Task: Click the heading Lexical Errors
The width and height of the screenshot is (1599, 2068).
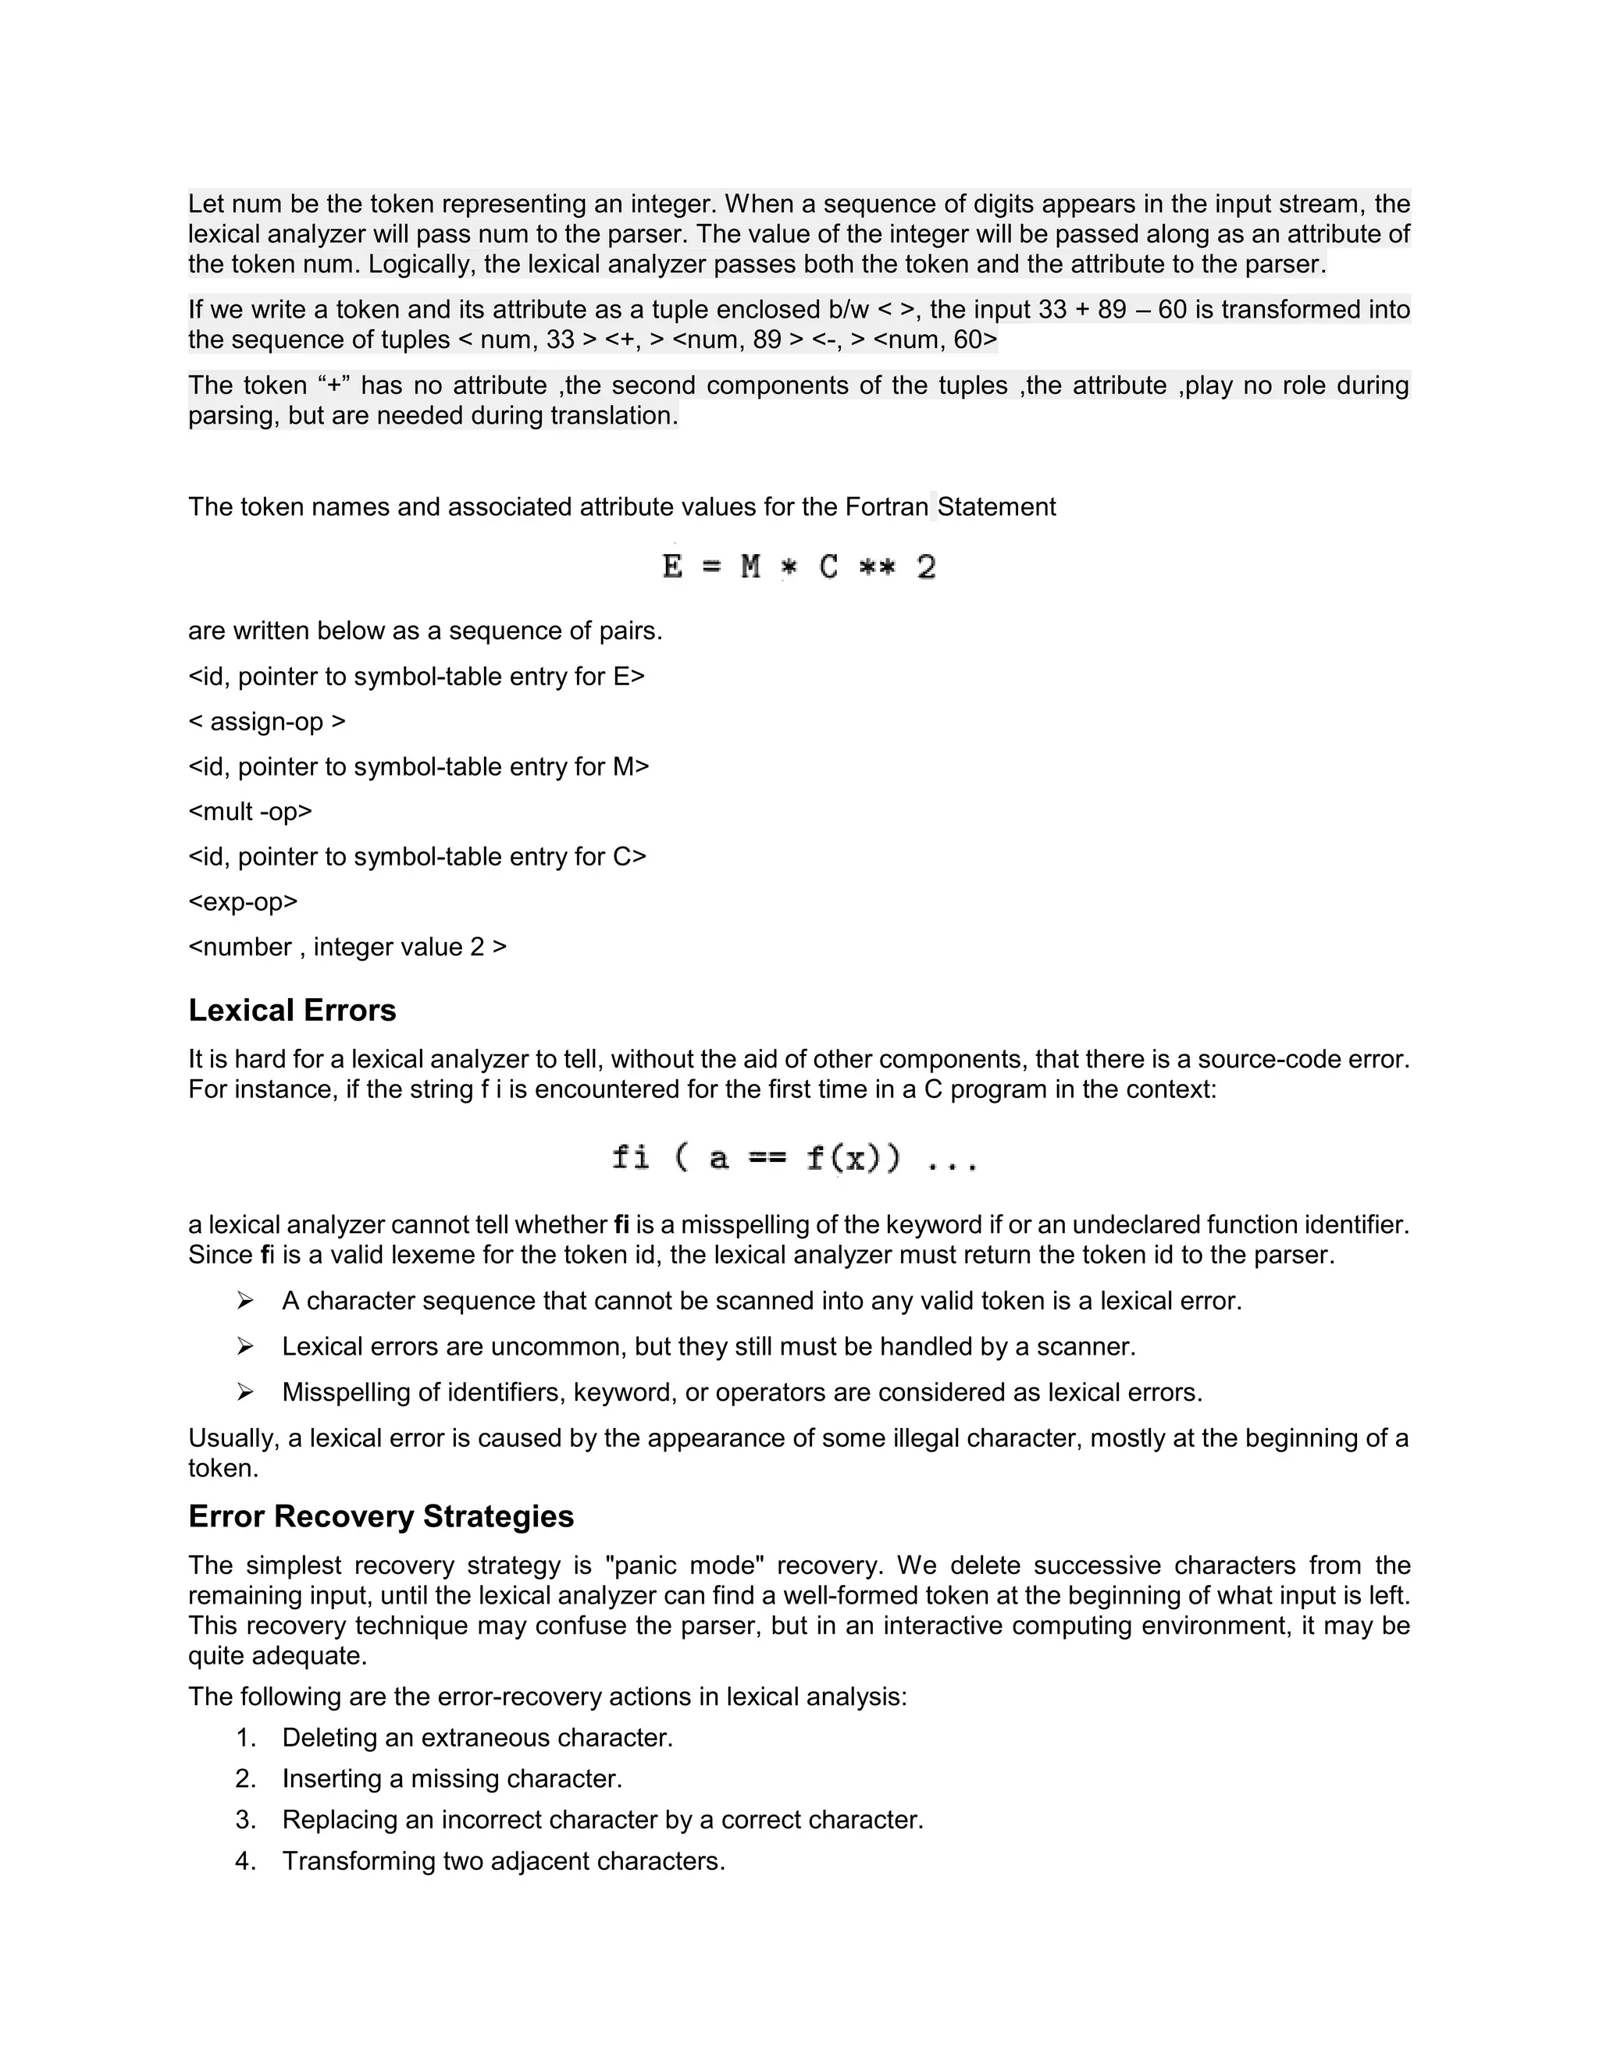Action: click(x=292, y=1011)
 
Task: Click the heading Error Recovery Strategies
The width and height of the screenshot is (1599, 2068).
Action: click(x=381, y=1516)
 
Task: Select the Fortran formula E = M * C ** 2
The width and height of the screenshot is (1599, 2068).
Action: click(x=799, y=567)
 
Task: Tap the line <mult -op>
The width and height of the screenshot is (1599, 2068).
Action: click(x=250, y=812)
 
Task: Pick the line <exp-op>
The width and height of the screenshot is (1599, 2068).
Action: click(x=243, y=901)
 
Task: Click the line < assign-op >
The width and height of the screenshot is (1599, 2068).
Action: click(x=267, y=722)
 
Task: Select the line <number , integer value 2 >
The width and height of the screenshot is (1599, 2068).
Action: click(x=347, y=947)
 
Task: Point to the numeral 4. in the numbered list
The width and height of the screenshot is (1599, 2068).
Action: click(x=245, y=1860)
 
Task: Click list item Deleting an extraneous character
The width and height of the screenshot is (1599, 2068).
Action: click(x=477, y=1738)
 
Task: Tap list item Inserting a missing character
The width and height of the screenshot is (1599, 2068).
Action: click(x=452, y=1778)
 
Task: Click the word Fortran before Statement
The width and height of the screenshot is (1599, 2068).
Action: click(x=885, y=506)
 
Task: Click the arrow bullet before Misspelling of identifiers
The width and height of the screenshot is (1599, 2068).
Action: click(x=245, y=1392)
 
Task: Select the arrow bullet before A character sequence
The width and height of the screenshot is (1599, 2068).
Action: click(x=245, y=1301)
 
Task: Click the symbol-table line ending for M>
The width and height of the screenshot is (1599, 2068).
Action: click(x=418, y=766)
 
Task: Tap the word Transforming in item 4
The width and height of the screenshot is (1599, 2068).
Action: click(x=359, y=1860)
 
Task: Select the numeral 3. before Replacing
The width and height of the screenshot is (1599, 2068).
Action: click(x=245, y=1819)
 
